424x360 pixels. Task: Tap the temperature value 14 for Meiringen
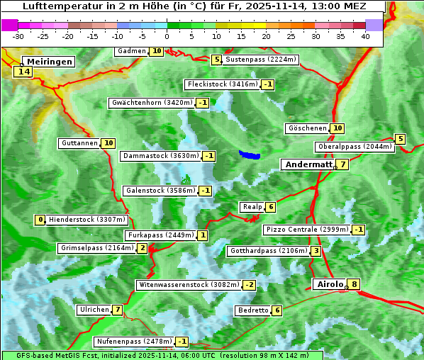24,72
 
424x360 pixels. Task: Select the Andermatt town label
308,164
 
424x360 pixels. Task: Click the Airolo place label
330,284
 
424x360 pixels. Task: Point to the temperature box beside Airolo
354,285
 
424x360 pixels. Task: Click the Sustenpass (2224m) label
261,60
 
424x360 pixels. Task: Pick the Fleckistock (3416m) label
222,85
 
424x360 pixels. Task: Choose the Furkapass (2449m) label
160,235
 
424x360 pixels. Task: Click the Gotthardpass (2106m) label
267,251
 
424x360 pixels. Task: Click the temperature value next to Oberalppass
401,140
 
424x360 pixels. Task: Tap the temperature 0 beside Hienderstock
40,220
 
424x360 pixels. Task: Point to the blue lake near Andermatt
249,154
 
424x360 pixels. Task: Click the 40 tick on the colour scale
365,35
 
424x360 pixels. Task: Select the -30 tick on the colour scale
18,35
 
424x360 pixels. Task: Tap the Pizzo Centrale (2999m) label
307,230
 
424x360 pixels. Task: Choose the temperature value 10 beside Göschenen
337,128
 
